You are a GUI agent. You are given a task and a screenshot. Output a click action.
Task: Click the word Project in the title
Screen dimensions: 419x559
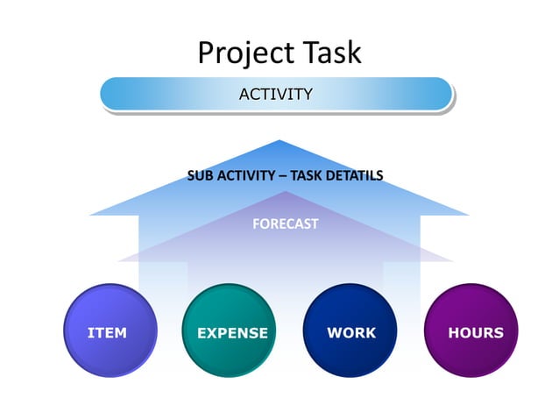(x=237, y=53)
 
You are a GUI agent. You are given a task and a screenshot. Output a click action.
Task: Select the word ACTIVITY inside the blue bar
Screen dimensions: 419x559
(x=276, y=95)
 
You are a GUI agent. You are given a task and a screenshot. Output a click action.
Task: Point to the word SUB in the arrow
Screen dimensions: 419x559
(x=201, y=175)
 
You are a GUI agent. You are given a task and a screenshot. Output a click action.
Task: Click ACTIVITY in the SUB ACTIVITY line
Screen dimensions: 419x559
(x=246, y=175)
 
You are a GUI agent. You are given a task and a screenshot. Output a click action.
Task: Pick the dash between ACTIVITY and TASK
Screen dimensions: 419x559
(x=282, y=175)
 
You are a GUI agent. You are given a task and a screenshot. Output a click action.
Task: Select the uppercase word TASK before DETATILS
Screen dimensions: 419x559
(x=308, y=175)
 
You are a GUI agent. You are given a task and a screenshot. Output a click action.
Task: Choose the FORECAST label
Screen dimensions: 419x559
(x=285, y=224)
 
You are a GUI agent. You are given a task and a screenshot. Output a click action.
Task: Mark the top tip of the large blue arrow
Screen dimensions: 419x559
(x=279, y=141)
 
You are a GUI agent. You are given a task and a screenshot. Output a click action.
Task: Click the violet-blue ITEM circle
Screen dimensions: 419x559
(x=110, y=330)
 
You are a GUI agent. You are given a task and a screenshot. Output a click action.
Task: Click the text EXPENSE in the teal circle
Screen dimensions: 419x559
(x=232, y=333)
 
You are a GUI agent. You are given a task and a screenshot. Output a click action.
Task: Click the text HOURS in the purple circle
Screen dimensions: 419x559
(x=476, y=333)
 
